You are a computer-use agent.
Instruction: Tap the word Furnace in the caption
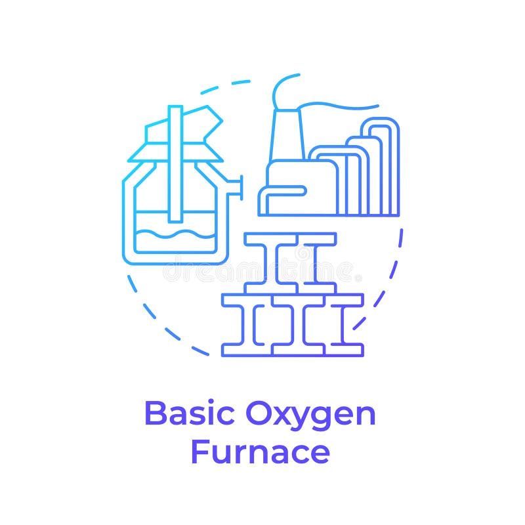pyautogui.click(x=260, y=451)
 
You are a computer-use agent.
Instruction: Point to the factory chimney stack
pyautogui.click(x=283, y=138)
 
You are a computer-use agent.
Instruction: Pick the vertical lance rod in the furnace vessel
pyautogui.click(x=175, y=164)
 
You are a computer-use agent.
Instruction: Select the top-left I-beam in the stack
pyautogui.click(x=270, y=262)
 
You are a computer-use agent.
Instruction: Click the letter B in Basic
pyautogui.click(x=155, y=414)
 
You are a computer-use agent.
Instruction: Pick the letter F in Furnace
pyautogui.click(x=199, y=451)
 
